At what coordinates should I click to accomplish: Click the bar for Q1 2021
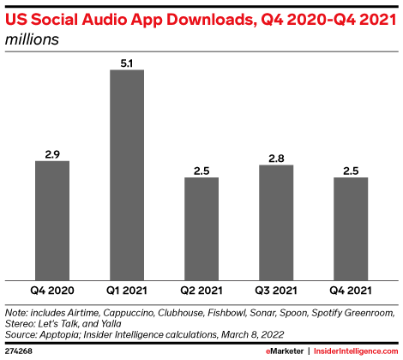pos(127,175)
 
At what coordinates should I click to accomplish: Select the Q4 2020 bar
pos(52,221)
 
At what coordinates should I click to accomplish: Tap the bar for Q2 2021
pos(201,229)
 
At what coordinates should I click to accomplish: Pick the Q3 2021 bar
pos(276,223)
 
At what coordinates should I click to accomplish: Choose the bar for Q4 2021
pos(351,229)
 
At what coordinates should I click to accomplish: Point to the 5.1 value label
pos(127,63)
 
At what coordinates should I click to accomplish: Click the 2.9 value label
pos(52,154)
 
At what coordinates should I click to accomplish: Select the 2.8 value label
pos(276,159)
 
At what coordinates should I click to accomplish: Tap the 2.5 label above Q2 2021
pos(201,171)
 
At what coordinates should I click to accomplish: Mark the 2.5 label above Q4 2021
pos(351,171)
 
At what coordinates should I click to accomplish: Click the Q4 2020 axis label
pos(52,291)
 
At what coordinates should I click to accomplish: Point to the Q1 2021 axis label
pos(127,291)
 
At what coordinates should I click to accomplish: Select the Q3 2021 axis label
pos(276,291)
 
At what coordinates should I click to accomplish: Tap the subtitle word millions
pos(32,39)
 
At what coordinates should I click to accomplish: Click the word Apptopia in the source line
pos(59,334)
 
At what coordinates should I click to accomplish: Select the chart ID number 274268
pos(19,351)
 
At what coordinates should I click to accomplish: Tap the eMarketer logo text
pos(285,351)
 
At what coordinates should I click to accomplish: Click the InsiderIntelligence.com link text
pos(356,351)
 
